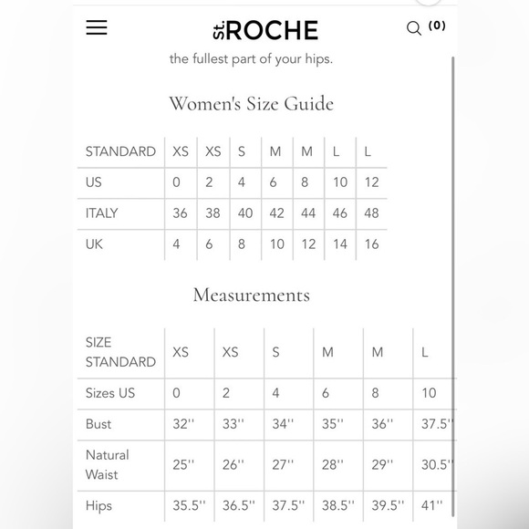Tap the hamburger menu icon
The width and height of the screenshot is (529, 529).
click(x=97, y=27)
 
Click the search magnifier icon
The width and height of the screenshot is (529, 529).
click(x=414, y=28)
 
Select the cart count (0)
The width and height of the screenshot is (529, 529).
click(x=437, y=26)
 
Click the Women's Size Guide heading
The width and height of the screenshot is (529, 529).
click(x=251, y=103)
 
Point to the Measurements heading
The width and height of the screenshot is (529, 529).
click(x=251, y=295)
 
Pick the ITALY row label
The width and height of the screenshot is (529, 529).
click(x=102, y=213)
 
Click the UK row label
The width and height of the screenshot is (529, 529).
click(x=94, y=244)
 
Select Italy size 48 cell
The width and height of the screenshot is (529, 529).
click(x=371, y=213)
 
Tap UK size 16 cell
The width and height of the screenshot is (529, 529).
click(x=371, y=244)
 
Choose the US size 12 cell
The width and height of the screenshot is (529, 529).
click(x=371, y=182)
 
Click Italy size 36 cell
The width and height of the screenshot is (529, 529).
click(x=180, y=213)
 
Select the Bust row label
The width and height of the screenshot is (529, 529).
click(x=99, y=423)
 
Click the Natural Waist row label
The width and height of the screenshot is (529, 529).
click(x=108, y=464)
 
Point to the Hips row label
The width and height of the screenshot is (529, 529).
click(x=99, y=504)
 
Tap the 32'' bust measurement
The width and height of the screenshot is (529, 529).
click(x=184, y=423)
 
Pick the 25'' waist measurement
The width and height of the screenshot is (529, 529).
click(x=183, y=464)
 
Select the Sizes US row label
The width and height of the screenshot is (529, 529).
click(x=110, y=393)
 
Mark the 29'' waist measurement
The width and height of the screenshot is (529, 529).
click(x=382, y=464)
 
